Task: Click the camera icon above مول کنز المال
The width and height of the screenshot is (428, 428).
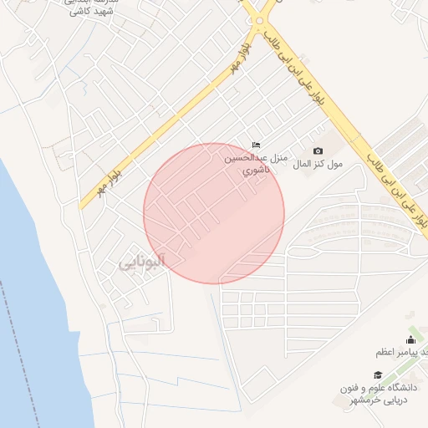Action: click(318, 150)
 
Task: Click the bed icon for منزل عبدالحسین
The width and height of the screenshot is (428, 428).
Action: click(256, 145)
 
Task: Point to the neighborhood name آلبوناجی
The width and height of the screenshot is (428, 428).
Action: click(141, 262)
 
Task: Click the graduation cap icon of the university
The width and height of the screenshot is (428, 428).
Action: click(378, 375)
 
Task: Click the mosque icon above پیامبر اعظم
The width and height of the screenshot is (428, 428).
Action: click(410, 339)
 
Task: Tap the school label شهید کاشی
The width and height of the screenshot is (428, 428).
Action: click(91, 13)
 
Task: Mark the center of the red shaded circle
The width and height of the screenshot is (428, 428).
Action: click(214, 214)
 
